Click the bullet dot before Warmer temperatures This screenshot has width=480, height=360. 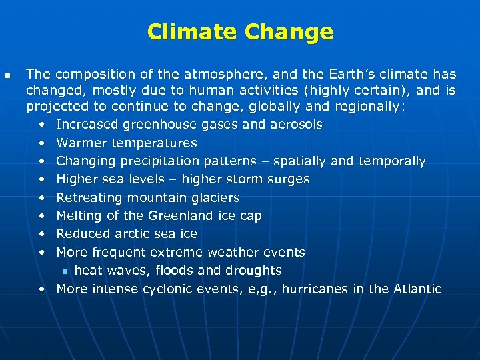click(x=42, y=143)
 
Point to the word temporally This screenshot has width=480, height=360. click(x=392, y=161)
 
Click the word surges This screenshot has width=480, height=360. click(x=289, y=179)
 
